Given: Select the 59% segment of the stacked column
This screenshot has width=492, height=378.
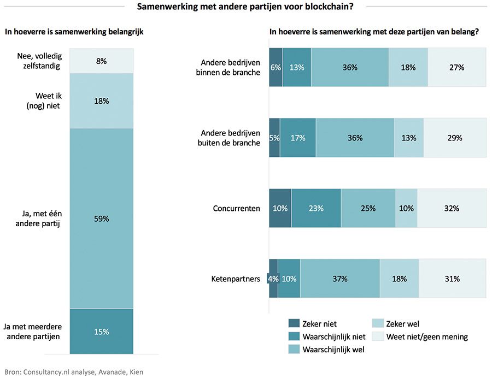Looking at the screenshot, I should [102, 218].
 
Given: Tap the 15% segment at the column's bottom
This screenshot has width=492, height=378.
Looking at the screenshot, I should [102, 332].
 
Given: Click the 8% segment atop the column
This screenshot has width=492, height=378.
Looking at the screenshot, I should [102, 61].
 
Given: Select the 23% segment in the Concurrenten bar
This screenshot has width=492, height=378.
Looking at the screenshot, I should [316, 208].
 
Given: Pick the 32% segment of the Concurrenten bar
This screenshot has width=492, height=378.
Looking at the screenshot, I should [452, 208].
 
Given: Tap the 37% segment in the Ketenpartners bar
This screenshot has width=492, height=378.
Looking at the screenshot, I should [339, 279].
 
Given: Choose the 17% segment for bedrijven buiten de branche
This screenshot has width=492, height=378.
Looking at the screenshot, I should [297, 138].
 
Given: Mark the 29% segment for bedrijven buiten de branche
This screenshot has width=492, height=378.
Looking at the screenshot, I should [454, 138].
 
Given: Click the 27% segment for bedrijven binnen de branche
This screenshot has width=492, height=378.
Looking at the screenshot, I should [456, 67].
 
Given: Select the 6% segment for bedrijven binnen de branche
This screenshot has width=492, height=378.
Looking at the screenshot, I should [276, 67].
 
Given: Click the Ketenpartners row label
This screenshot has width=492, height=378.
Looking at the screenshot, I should [236, 279].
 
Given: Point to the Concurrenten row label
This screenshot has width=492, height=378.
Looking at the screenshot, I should [236, 208].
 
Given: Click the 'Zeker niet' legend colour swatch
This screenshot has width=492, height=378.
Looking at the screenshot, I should [294, 323].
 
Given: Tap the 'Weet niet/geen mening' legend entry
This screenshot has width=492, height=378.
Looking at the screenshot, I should [427, 336].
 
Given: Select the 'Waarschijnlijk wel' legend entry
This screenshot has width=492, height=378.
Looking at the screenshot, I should [333, 350].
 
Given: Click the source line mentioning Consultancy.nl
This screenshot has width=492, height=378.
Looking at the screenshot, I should [74, 371].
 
